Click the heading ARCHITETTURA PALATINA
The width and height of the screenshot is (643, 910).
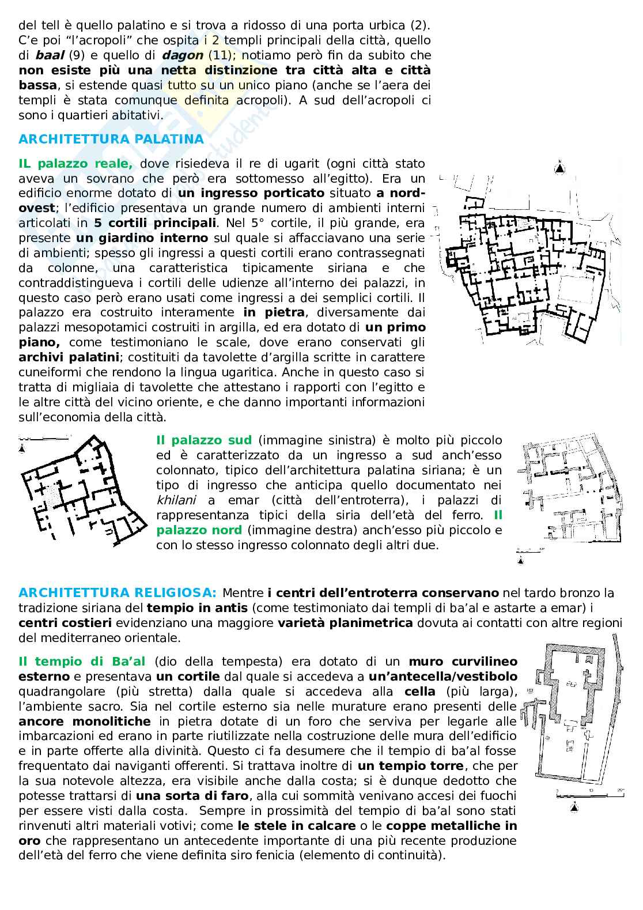point(111,139)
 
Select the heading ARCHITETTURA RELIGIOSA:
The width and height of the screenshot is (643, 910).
point(118,592)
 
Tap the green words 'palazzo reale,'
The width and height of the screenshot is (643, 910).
point(85,164)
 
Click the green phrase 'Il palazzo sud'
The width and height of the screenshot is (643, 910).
point(204,440)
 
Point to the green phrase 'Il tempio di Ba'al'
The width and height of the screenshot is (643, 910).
point(82,662)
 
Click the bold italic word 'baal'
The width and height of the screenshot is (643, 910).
point(50,55)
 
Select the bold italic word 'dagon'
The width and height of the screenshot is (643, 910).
point(183,56)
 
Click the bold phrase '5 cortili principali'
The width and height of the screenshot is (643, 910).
point(155,223)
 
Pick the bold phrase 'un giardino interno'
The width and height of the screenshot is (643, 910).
point(142,238)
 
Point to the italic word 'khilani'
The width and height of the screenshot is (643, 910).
point(176,500)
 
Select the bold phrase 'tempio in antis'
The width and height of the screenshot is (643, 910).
point(197,608)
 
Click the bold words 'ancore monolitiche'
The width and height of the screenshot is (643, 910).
point(85,722)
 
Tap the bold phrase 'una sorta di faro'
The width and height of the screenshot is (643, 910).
point(192,796)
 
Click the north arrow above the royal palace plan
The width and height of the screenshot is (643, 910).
point(559,168)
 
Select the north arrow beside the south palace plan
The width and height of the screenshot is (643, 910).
point(22,448)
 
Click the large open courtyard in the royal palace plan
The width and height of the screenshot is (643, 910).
point(577,290)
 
